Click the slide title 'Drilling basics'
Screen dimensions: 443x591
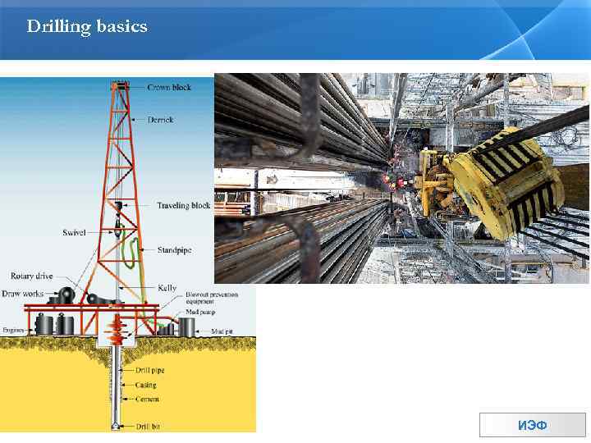(87, 27)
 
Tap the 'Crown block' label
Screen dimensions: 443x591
(170, 87)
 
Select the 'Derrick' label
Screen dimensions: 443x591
(161, 120)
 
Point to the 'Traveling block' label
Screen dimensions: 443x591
(184, 206)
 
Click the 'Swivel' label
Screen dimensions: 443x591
(74, 233)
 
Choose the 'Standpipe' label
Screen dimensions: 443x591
(174, 249)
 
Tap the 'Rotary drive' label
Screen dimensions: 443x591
(32, 276)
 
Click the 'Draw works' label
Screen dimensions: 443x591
(22, 293)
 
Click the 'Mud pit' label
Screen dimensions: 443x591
(222, 330)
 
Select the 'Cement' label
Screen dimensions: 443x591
(149, 399)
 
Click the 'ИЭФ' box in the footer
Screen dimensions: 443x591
(532, 426)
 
